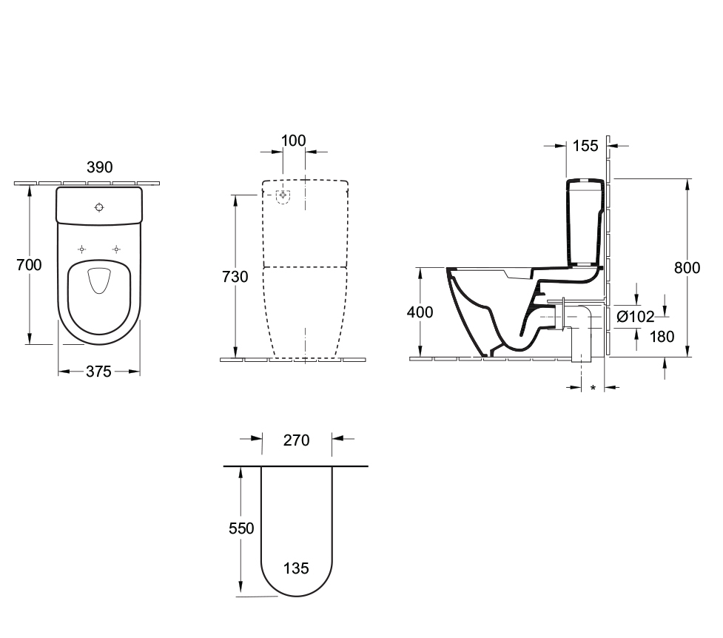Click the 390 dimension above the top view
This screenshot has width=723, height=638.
click(x=99, y=167)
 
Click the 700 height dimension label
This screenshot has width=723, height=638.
click(x=30, y=265)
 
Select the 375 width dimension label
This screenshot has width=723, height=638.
click(x=98, y=372)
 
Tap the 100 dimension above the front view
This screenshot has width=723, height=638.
click(x=294, y=141)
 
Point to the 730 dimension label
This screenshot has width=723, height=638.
click(x=235, y=276)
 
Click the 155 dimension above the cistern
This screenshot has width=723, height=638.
click(x=585, y=146)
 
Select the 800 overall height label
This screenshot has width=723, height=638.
click(x=687, y=268)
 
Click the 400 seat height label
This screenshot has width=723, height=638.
click(x=420, y=312)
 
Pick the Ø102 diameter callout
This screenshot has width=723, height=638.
click(x=636, y=317)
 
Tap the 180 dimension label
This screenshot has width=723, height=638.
click(x=661, y=337)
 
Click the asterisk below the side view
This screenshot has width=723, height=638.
click(x=593, y=388)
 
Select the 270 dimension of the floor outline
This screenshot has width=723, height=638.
click(x=296, y=440)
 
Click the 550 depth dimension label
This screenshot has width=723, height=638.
click(x=241, y=528)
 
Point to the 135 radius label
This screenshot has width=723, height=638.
click(x=296, y=568)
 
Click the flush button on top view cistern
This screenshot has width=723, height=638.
click(x=100, y=208)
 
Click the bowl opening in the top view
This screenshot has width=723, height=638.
click(x=98, y=281)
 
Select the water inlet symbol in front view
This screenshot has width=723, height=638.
click(x=283, y=195)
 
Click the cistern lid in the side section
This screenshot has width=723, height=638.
click(x=585, y=183)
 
